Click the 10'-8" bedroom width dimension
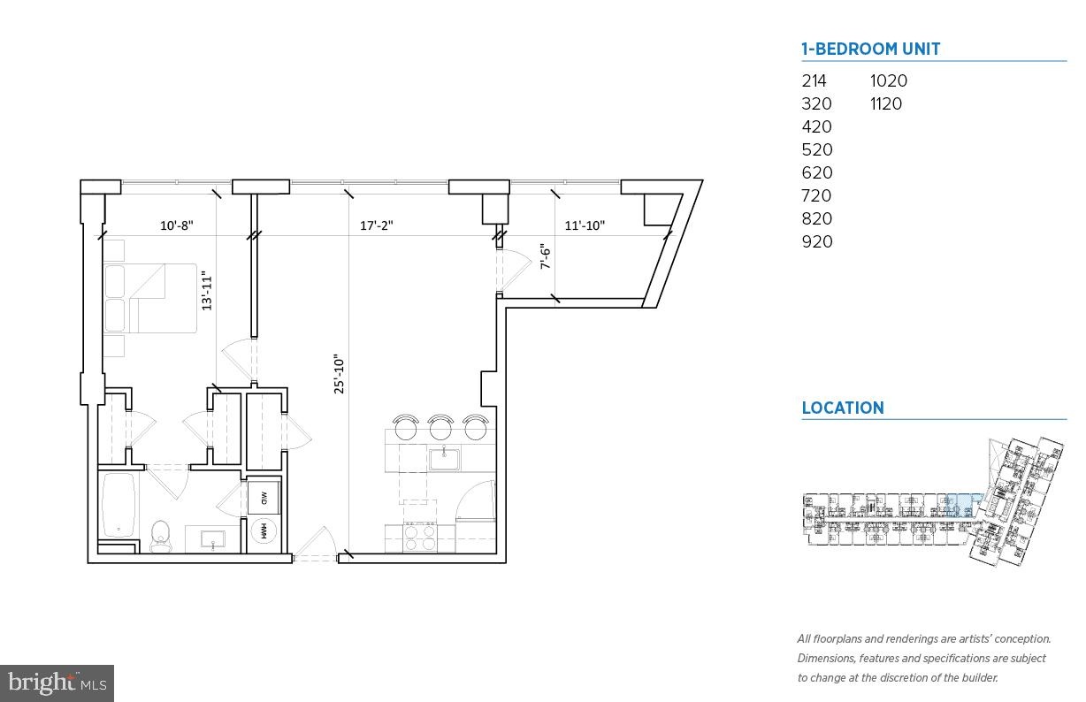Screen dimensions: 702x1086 176,225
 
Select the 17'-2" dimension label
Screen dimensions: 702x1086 376,225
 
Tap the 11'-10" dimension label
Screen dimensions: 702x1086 584,225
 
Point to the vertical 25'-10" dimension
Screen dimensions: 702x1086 339,374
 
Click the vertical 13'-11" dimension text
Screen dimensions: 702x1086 207,291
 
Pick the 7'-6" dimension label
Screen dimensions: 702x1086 546,256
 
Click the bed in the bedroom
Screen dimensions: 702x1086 150,298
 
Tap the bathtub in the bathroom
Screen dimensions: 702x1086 119,506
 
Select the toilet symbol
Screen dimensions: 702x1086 160,535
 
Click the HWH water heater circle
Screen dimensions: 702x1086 264,531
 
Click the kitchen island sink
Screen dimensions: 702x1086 441,459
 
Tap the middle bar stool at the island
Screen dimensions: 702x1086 440,427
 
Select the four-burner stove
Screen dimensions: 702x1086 419,537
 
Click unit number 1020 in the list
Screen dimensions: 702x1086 888,80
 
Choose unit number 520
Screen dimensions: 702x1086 816,149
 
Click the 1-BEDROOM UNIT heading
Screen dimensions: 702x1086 870,50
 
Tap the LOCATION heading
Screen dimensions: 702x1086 842,408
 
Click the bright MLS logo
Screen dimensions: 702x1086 57,683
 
